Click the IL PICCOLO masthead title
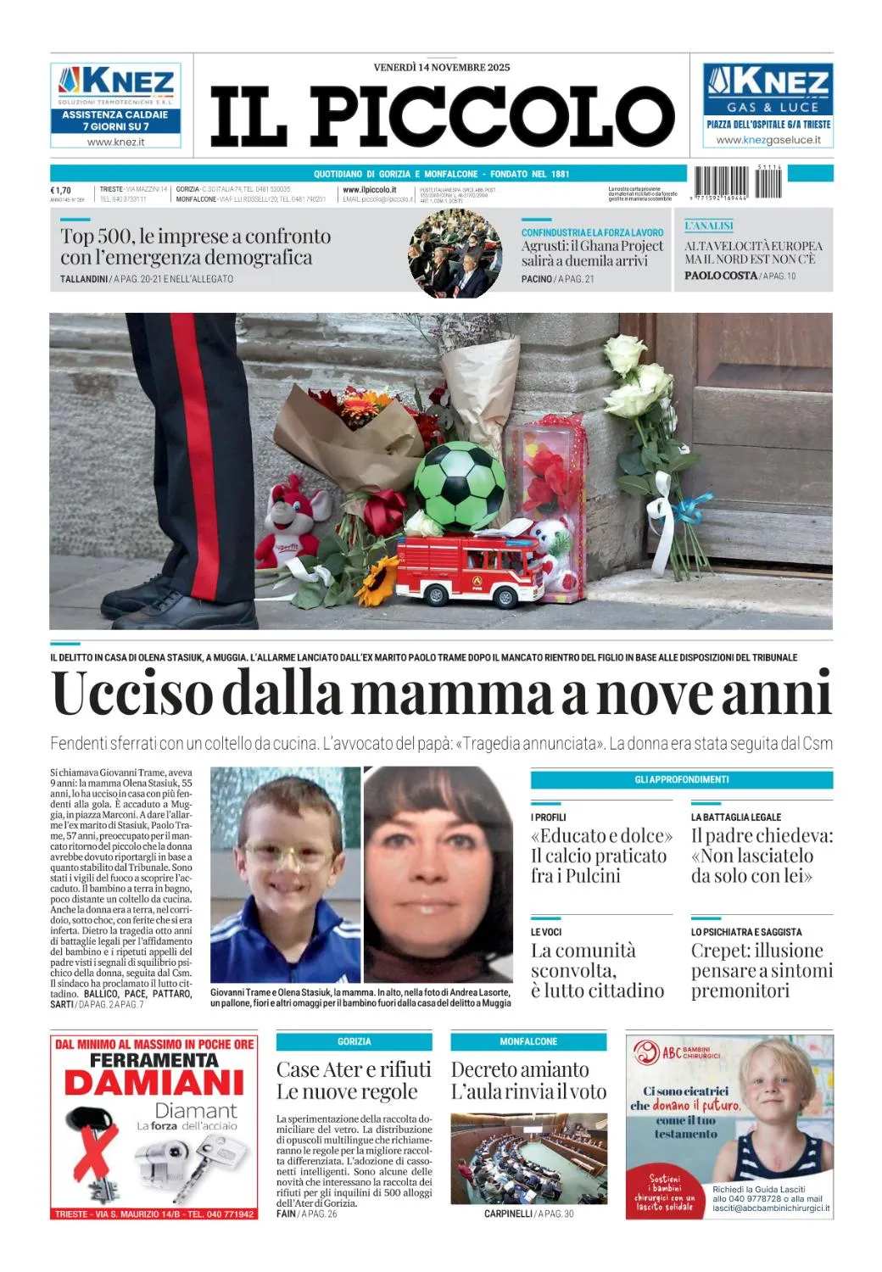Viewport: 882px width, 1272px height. click(441, 116)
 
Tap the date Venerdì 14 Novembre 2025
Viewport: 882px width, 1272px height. click(441, 67)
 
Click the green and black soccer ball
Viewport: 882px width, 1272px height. click(460, 483)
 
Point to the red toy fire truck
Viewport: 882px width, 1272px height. click(470, 567)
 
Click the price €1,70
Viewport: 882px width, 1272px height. click(61, 190)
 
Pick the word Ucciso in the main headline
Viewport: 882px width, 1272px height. click(131, 694)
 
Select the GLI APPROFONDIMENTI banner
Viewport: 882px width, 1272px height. click(681, 779)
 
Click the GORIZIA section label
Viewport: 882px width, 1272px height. click(354, 1041)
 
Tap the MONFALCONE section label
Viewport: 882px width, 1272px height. click(528, 1041)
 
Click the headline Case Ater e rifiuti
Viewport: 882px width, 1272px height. click(354, 1069)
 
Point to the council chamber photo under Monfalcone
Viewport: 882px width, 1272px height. click(528, 1158)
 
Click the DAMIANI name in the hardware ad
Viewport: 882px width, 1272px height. click(154, 1083)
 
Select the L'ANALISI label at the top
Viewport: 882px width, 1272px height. click(709, 226)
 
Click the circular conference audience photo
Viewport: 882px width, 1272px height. click(455, 254)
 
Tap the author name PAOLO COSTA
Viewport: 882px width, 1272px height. click(720, 276)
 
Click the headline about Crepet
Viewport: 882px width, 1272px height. click(761, 970)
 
